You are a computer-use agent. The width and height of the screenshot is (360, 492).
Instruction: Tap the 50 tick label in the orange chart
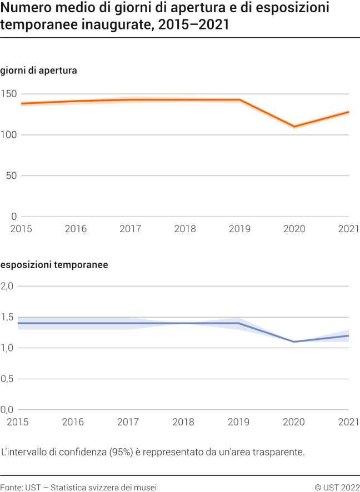(12, 175)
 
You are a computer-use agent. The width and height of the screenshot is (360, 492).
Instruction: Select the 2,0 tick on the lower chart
(7, 286)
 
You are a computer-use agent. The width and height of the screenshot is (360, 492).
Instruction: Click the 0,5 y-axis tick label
(7, 379)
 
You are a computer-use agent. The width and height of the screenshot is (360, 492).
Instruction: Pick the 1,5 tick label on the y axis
(7, 317)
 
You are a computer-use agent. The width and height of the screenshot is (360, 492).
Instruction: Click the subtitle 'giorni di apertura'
(38, 71)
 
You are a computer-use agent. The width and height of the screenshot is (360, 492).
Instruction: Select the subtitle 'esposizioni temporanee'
(54, 265)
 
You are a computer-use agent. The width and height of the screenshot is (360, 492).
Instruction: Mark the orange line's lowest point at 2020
(294, 127)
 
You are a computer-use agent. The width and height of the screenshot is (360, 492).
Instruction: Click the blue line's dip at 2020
(294, 342)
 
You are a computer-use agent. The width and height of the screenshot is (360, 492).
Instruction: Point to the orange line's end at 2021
(348, 112)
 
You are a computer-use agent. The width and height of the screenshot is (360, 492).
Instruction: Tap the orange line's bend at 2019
(239, 100)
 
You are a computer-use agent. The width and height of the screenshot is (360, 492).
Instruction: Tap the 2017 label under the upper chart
(130, 229)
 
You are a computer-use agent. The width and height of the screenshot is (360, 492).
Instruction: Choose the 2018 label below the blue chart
(184, 422)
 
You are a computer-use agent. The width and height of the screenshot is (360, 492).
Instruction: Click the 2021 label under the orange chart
(349, 229)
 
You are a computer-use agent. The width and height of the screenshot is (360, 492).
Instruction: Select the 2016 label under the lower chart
(73, 422)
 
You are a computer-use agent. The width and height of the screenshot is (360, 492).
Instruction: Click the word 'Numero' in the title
(24, 8)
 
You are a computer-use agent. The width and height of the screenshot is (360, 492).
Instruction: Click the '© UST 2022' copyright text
(337, 487)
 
